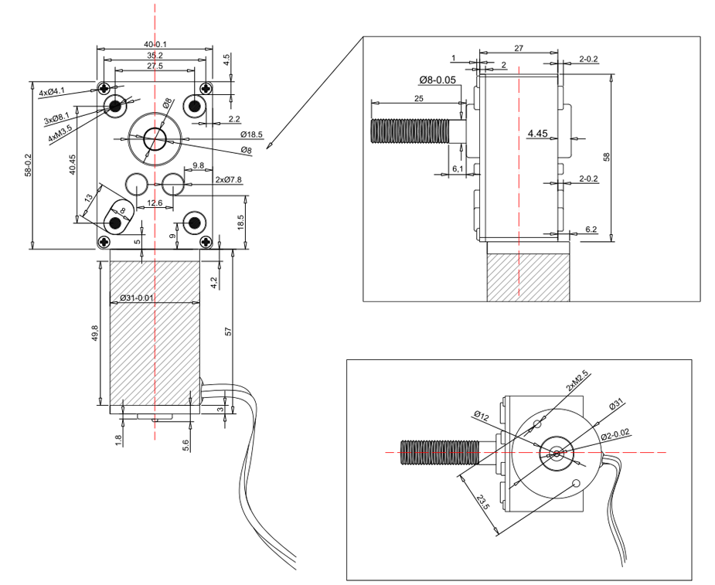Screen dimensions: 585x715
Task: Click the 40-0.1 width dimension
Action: pos(155,44)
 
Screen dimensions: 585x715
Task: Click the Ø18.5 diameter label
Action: pos(252,134)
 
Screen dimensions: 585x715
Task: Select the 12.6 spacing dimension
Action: pos(155,202)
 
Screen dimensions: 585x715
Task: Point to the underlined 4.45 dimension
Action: pos(537,134)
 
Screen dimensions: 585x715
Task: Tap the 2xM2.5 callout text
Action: pos(579,384)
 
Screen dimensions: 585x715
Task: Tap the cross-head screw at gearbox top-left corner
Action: pos(104,87)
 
